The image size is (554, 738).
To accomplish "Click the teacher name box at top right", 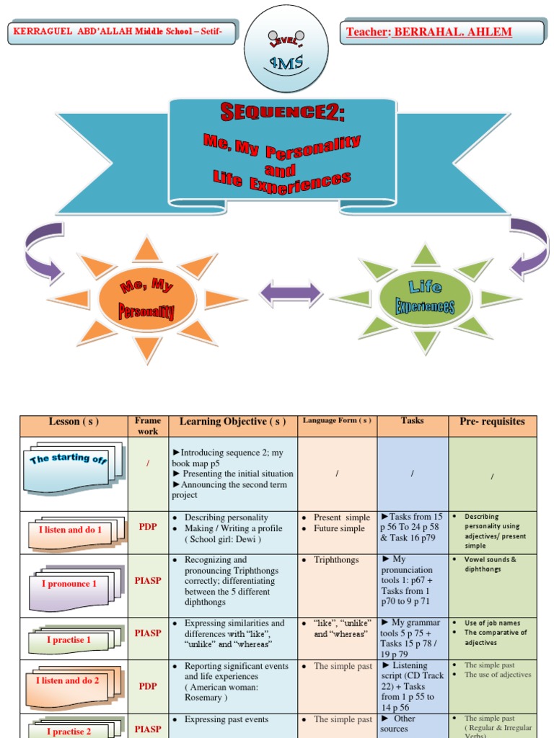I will click(441, 32).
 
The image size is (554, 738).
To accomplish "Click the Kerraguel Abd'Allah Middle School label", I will click(121, 32).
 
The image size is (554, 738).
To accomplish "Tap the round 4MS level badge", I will click(286, 48).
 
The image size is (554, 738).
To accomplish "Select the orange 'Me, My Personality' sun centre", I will click(147, 298).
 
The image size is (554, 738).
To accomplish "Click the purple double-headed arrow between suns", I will click(291, 294).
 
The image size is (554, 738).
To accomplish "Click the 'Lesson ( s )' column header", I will click(74, 422).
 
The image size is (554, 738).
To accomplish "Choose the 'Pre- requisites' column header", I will click(492, 422).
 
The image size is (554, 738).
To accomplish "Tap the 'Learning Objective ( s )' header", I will click(232, 422).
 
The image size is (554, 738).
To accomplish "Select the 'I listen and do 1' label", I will click(70, 530).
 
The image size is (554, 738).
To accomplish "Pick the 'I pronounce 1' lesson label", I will click(69, 584).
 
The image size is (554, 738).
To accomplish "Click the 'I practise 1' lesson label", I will click(69, 639).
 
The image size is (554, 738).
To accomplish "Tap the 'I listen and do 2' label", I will click(68, 680).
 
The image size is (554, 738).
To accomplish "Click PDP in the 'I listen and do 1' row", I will click(148, 527).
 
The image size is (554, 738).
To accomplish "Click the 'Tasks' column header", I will click(413, 420).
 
